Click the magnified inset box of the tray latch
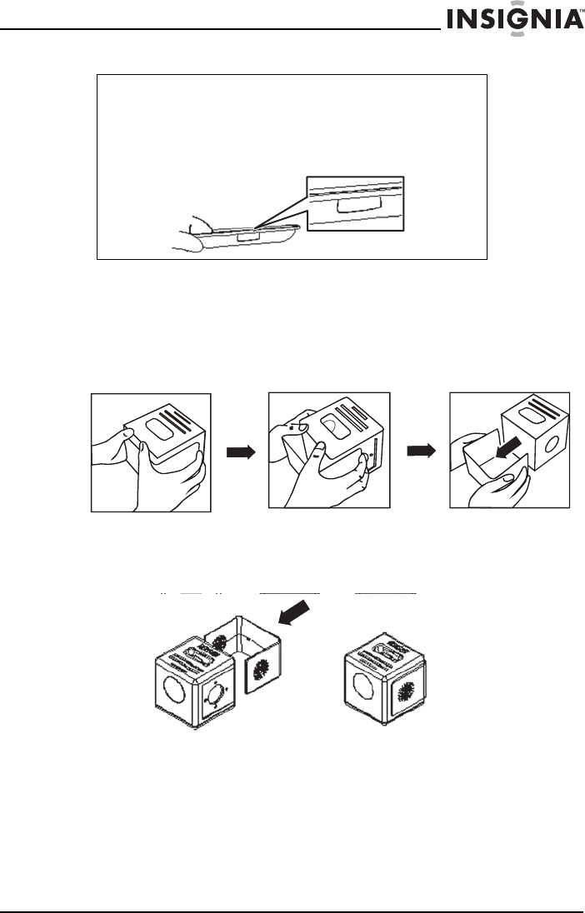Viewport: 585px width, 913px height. click(x=355, y=203)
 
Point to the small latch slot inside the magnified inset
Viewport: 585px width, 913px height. click(x=352, y=206)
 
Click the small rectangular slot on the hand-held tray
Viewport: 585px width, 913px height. click(x=247, y=237)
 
